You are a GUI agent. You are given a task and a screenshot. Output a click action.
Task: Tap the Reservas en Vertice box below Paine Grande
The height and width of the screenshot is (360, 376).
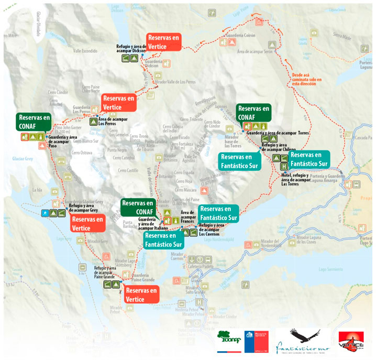142,294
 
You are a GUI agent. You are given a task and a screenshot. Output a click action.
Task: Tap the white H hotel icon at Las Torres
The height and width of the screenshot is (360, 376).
284,167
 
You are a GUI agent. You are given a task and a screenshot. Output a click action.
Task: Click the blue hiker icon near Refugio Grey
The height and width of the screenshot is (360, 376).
46,213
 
